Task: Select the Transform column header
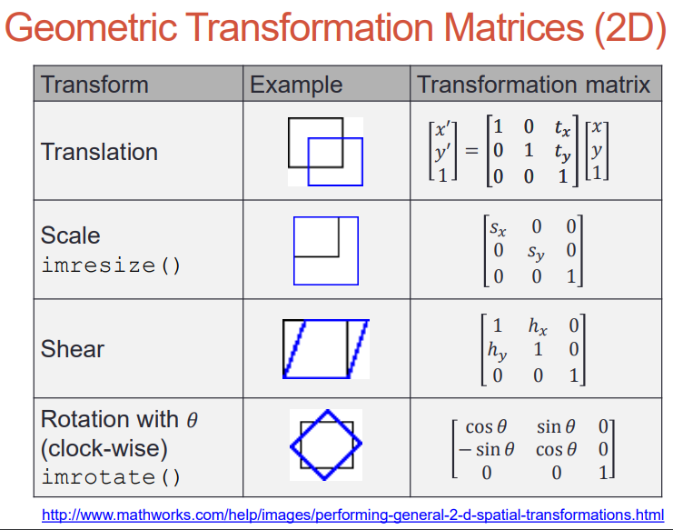click(94, 85)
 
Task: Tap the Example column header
click(296, 85)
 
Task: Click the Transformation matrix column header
click(533, 85)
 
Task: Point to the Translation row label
click(99, 152)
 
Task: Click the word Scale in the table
click(71, 235)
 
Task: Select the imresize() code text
click(111, 265)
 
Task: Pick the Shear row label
click(73, 348)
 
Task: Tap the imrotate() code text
click(111, 477)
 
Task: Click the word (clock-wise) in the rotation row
click(104, 448)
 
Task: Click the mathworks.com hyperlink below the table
click(352, 515)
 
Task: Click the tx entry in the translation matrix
click(562, 127)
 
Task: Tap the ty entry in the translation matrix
click(562, 153)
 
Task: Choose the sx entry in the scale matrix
click(498, 228)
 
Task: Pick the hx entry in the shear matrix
click(538, 326)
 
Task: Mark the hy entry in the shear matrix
click(497, 351)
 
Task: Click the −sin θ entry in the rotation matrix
click(486, 450)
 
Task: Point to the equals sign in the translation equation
click(471, 151)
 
